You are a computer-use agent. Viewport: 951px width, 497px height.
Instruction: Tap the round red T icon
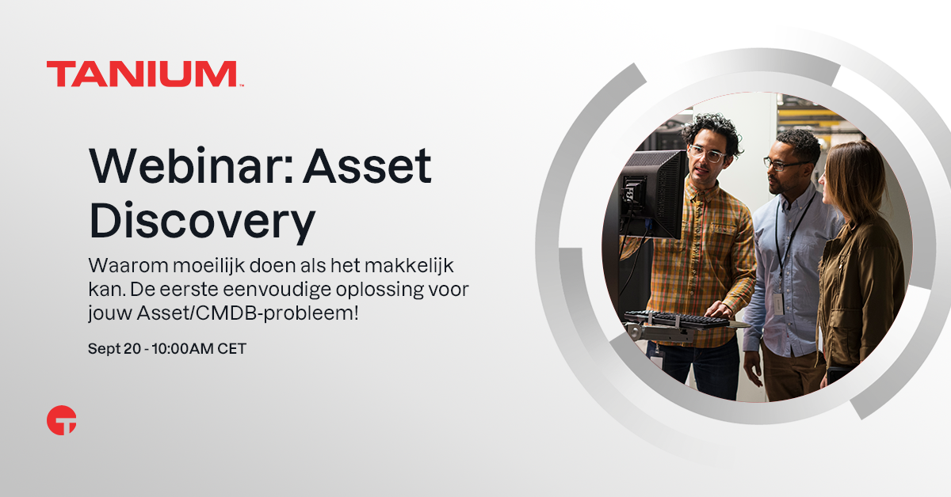62,420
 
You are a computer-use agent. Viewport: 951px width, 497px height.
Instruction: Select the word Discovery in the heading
202,222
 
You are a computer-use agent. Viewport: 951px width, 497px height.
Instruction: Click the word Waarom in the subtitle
128,266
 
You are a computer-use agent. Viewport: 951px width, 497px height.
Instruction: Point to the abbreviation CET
231,348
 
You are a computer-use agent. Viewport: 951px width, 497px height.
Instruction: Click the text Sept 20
114,348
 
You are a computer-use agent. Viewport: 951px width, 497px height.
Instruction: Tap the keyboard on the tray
677,319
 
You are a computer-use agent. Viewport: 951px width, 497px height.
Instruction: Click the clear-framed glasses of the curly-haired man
706,154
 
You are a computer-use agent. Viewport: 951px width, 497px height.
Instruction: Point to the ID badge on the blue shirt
777,304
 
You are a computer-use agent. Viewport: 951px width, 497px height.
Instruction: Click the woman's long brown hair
854,182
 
